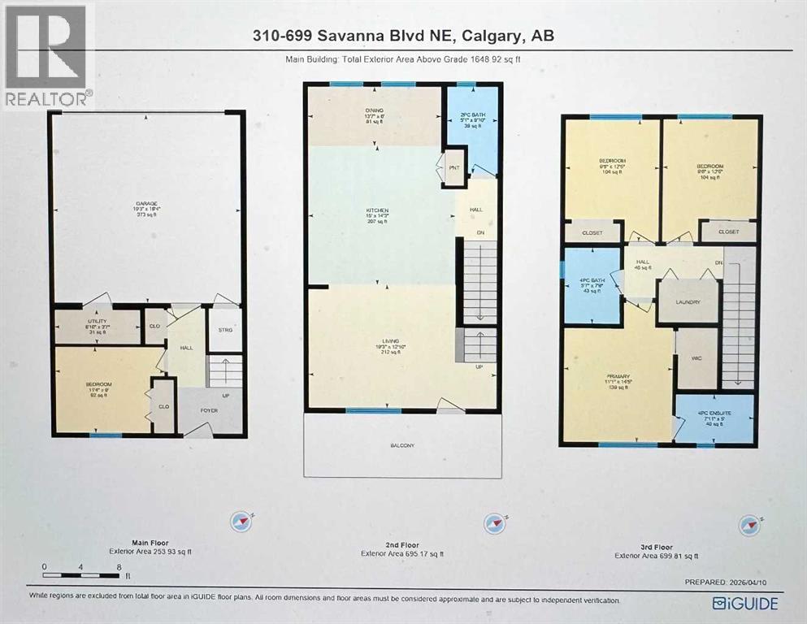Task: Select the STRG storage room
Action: point(226,330)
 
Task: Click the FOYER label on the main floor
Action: point(210,410)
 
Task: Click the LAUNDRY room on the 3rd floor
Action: point(688,302)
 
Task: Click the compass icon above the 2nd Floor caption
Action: point(492,522)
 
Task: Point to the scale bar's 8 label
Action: point(119,566)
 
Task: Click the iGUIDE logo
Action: point(744,603)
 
